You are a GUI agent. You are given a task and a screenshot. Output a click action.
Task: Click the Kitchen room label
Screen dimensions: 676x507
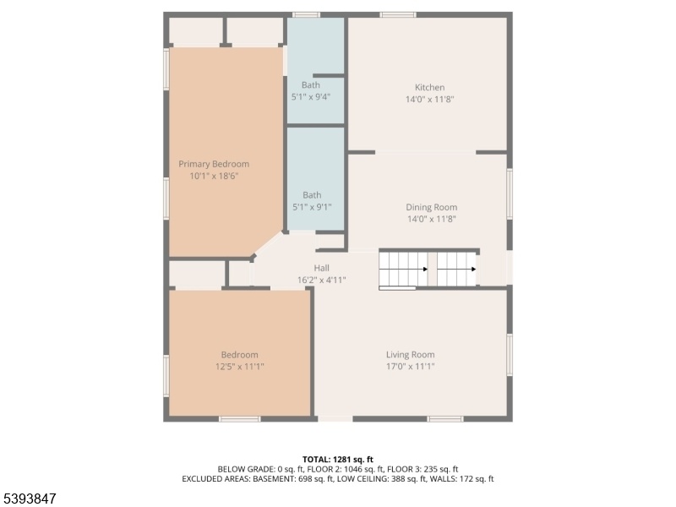pos(429,88)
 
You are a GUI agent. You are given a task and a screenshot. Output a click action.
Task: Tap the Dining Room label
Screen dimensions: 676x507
pos(432,207)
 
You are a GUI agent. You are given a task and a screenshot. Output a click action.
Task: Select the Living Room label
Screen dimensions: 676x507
pos(410,355)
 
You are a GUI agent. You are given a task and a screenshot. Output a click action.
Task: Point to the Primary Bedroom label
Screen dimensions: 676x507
pos(214,164)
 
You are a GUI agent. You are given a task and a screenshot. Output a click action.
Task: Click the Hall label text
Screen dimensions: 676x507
pos(322,268)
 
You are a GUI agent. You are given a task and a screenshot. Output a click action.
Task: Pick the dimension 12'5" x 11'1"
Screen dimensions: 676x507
pos(240,367)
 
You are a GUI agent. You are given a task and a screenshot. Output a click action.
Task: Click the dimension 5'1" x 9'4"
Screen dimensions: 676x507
pos(311,96)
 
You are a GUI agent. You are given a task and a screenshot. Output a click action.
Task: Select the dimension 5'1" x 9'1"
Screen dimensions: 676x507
pos(312,207)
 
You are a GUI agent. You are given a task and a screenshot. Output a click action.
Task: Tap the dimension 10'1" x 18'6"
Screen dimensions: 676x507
pos(214,176)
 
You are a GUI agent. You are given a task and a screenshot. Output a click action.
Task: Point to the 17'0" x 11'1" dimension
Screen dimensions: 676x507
pos(410,367)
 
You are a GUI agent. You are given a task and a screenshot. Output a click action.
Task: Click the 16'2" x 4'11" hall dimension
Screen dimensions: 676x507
pos(322,280)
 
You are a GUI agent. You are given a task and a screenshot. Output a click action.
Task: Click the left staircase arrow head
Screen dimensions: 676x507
pos(426,269)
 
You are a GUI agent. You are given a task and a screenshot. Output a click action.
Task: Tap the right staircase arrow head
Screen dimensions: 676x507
pos(473,269)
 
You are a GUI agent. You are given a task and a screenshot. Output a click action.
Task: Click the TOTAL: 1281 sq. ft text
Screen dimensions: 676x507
pos(337,460)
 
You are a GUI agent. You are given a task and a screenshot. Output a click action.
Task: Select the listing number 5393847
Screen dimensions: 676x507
pos(29,499)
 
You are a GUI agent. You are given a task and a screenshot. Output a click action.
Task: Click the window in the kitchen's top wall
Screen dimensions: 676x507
pos(398,15)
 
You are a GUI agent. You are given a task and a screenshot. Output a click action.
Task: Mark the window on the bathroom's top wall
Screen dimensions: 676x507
pos(306,15)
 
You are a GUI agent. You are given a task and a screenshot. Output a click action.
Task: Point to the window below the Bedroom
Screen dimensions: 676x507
pos(240,418)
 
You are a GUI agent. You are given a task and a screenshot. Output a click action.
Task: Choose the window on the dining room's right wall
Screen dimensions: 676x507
pos(510,194)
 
